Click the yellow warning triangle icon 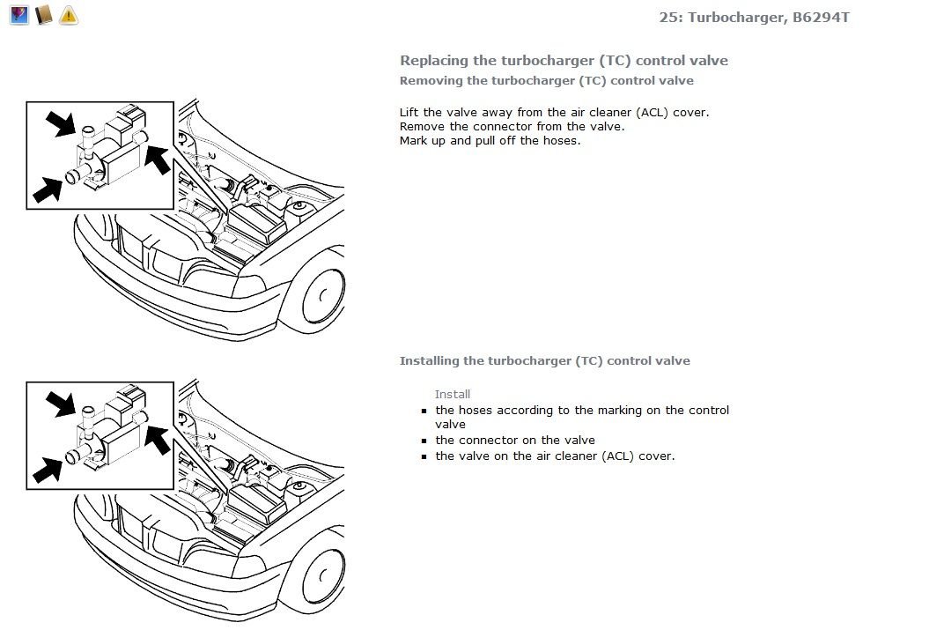(x=69, y=15)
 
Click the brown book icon (x=44, y=15)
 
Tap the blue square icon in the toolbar (x=19, y=15)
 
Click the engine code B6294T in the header (x=821, y=17)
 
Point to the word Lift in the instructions (x=409, y=112)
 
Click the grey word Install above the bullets (x=452, y=394)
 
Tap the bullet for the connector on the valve (x=424, y=441)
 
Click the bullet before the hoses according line (x=424, y=411)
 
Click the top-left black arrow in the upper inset (x=61, y=122)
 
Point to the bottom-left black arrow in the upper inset (x=48, y=189)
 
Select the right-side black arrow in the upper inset (x=158, y=159)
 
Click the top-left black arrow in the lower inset (x=61, y=404)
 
